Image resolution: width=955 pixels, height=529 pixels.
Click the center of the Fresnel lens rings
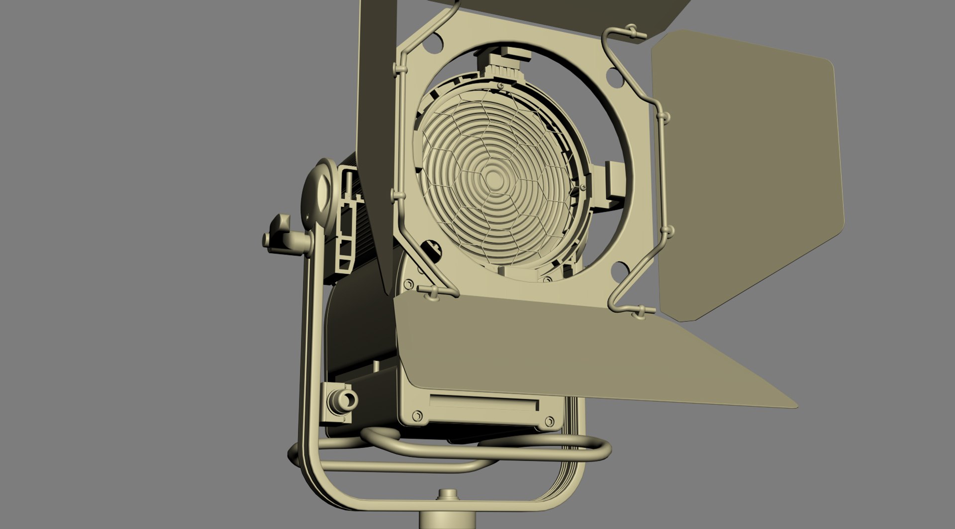point(494,177)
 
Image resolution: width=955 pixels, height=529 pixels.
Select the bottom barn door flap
point(572,348)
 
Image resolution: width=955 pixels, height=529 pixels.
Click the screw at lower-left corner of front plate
point(417,415)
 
